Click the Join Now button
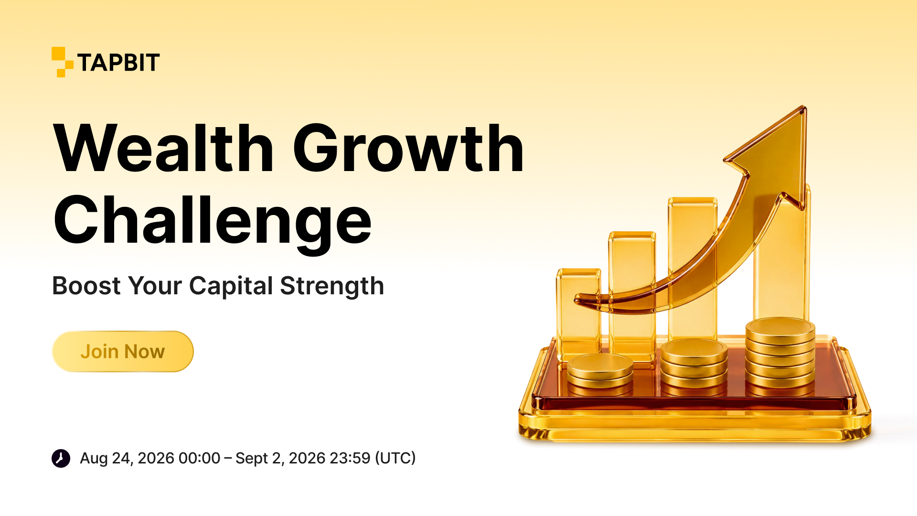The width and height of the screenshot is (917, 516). point(123,351)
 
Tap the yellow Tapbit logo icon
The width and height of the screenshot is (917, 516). point(62,62)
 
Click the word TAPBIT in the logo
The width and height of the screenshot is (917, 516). point(118,63)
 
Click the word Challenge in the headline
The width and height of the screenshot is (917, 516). point(213,223)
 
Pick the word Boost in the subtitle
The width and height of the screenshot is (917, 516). point(86,286)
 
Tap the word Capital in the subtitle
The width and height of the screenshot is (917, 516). point(231,287)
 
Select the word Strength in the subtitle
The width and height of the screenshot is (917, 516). point(332,287)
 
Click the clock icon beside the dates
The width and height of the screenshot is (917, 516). point(61,458)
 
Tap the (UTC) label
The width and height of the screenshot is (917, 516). point(395,458)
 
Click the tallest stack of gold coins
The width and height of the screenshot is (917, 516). point(780,356)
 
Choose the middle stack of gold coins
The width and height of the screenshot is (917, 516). point(694,367)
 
